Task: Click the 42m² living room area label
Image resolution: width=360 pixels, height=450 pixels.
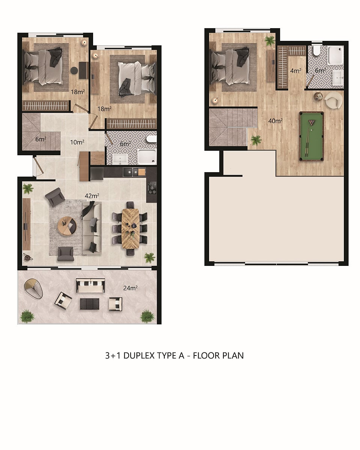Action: (x=92, y=196)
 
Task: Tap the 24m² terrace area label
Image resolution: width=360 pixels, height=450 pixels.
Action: (x=130, y=288)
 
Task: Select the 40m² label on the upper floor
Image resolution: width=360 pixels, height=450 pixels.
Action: (x=276, y=121)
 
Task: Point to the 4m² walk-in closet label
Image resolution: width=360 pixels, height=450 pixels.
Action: (x=296, y=70)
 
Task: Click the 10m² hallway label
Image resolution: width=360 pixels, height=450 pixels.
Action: (x=77, y=142)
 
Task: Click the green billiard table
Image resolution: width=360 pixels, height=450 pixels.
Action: (x=312, y=136)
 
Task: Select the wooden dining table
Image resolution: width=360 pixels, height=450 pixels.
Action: (x=130, y=228)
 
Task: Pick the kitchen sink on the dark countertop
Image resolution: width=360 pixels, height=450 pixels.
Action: (x=131, y=172)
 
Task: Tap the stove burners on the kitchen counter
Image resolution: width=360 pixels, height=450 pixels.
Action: (x=152, y=188)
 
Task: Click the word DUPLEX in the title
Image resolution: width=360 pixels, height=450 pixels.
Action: (x=139, y=355)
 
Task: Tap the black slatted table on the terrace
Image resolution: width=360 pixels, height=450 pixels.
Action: (x=90, y=304)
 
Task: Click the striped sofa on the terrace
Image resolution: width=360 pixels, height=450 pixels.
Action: (x=90, y=285)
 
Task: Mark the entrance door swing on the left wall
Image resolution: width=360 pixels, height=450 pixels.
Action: (x=38, y=166)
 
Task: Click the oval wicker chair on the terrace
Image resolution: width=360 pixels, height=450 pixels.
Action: (x=34, y=289)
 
